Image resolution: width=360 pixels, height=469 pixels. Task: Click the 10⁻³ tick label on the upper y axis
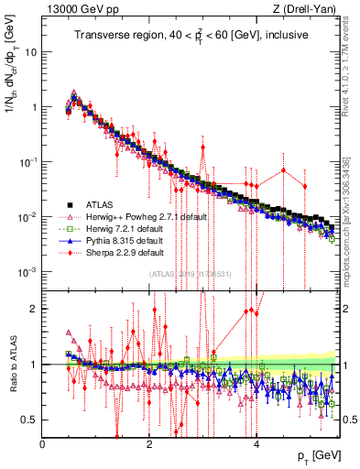27,272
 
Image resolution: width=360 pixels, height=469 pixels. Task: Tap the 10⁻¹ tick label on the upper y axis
27,162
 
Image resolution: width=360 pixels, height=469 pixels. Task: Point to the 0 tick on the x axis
43,443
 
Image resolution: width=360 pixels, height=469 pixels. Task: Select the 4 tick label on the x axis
256,443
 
